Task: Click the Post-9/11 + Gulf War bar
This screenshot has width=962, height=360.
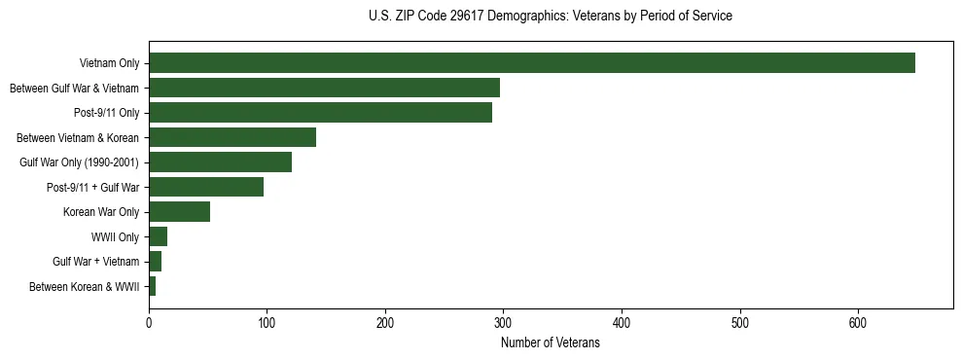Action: [206, 187]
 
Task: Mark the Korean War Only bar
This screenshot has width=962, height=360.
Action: [179, 212]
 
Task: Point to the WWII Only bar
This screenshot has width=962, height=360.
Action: [158, 236]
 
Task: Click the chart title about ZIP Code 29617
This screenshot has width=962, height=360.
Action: [551, 17]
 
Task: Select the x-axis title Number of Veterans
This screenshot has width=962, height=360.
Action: [551, 343]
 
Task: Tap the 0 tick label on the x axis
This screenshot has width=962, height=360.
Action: [149, 323]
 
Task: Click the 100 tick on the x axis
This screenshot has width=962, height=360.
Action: [267, 323]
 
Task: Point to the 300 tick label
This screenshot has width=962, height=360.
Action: [504, 323]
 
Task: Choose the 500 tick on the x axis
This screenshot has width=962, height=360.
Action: [740, 323]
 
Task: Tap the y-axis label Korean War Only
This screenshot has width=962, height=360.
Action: [101, 212]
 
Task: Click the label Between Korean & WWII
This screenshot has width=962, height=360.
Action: [85, 287]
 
